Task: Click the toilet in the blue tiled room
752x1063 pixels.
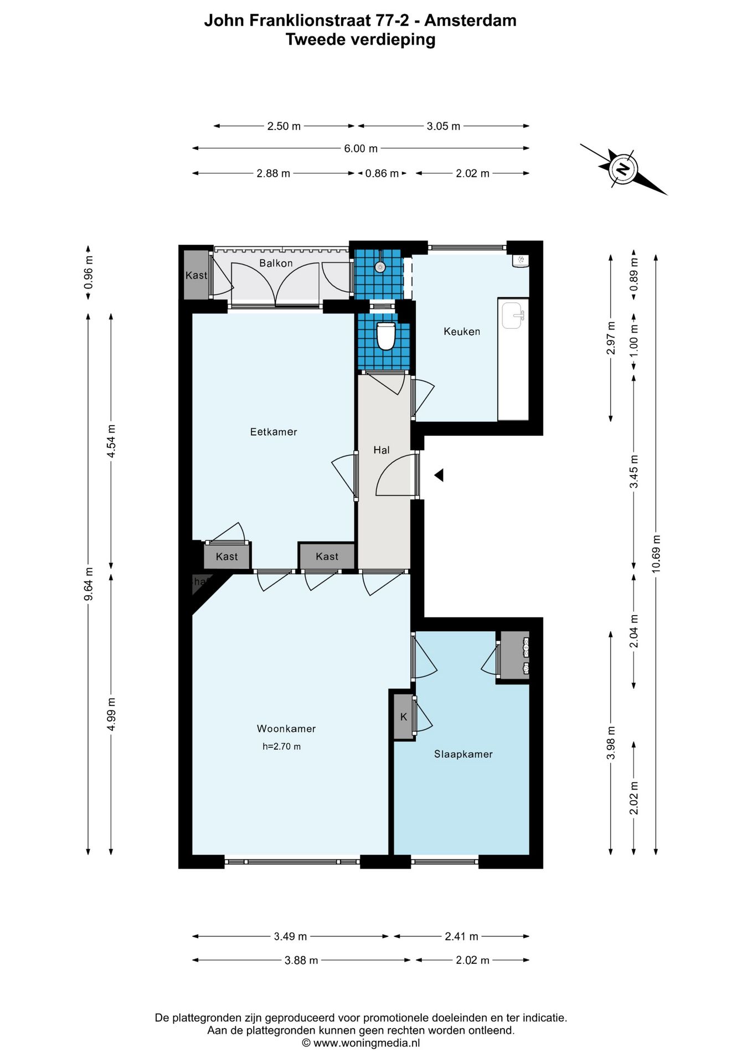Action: pyautogui.click(x=385, y=336)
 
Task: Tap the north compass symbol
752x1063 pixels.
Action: pyautogui.click(x=624, y=168)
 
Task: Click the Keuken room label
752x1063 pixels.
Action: pyautogui.click(x=462, y=332)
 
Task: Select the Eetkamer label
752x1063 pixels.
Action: pyautogui.click(x=274, y=432)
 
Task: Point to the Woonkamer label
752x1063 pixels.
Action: pyautogui.click(x=286, y=729)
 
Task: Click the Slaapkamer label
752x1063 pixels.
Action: pyautogui.click(x=463, y=754)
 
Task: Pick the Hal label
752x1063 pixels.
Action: pyautogui.click(x=382, y=450)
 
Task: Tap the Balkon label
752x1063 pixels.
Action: pyautogui.click(x=276, y=263)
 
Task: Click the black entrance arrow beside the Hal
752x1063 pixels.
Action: pyautogui.click(x=439, y=475)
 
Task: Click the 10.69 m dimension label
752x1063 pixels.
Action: pyautogui.click(x=656, y=554)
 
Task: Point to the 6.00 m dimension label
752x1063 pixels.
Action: pyautogui.click(x=360, y=148)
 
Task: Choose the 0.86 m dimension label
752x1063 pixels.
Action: pyautogui.click(x=382, y=173)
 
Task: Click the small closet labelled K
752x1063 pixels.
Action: pyautogui.click(x=404, y=717)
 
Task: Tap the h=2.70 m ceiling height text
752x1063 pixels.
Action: pyautogui.click(x=282, y=746)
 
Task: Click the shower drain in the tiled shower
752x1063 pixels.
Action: pyautogui.click(x=380, y=267)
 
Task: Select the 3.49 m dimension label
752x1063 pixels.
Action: pyautogui.click(x=290, y=936)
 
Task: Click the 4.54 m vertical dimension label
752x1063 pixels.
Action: pyautogui.click(x=111, y=441)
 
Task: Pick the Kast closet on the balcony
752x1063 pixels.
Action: pyautogui.click(x=195, y=275)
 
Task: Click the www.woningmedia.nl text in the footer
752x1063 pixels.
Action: pyautogui.click(x=366, y=1043)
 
